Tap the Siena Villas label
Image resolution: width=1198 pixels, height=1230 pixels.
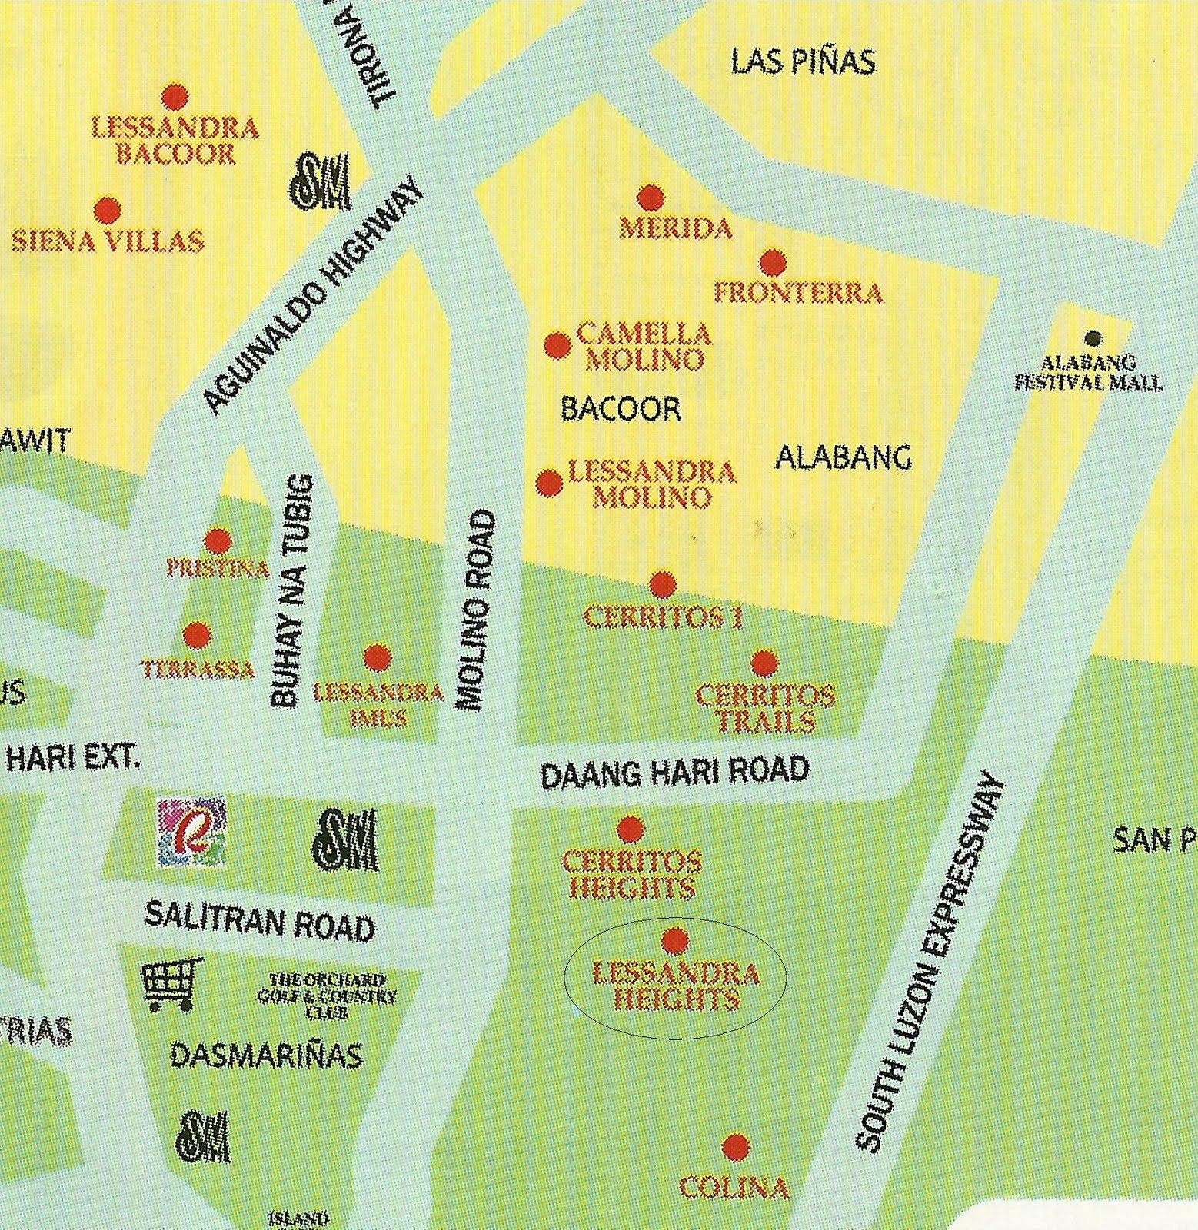tap(108, 241)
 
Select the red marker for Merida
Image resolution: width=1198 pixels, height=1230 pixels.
tap(651, 198)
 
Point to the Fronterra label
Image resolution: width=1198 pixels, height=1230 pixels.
tap(798, 293)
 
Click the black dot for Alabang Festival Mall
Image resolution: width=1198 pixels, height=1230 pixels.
tap(1093, 338)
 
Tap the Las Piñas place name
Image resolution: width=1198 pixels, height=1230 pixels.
tap(803, 61)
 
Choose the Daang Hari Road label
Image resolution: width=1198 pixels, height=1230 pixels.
tap(675, 772)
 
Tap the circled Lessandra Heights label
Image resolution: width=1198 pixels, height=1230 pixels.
tap(676, 987)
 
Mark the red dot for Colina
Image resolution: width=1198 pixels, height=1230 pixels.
tap(736, 1146)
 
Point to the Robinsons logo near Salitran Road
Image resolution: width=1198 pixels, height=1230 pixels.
tap(191, 833)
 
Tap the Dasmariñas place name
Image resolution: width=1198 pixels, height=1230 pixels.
tap(266, 1055)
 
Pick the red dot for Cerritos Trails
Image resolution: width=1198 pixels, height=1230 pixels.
tap(764, 663)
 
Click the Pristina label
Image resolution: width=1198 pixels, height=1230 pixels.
tap(218, 569)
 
